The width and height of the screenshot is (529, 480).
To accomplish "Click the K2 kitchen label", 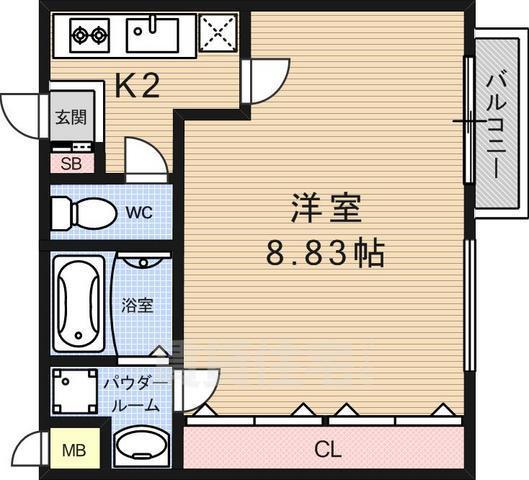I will (x=138, y=88).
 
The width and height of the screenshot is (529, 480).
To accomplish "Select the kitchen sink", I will (x=153, y=36).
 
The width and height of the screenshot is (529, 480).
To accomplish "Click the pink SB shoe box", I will (x=70, y=163).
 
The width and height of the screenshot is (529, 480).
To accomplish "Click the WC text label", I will (x=140, y=212).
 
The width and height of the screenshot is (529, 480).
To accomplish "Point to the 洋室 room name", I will (x=325, y=211).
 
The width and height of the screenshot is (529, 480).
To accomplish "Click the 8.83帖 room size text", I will (x=325, y=253).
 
